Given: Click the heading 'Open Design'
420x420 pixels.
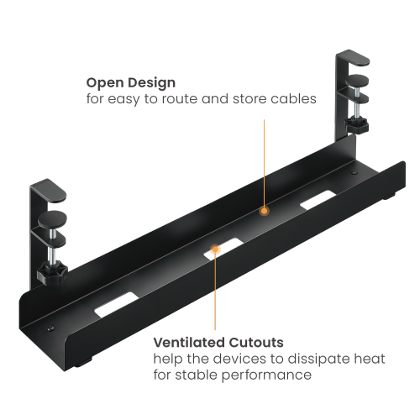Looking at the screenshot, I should tap(130, 83).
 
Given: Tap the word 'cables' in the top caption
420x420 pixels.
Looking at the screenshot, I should tap(296, 99).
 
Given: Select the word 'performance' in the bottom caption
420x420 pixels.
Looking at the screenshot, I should tap(265, 374).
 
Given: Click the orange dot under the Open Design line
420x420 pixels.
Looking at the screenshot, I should tap(264, 210).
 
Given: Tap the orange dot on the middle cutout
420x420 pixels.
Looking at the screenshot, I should tap(216, 249).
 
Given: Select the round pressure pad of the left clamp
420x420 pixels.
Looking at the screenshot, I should tap(49, 223).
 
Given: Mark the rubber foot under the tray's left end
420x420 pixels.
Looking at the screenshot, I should tap(88, 365).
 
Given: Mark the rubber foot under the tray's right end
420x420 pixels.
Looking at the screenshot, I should tap(391, 199).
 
